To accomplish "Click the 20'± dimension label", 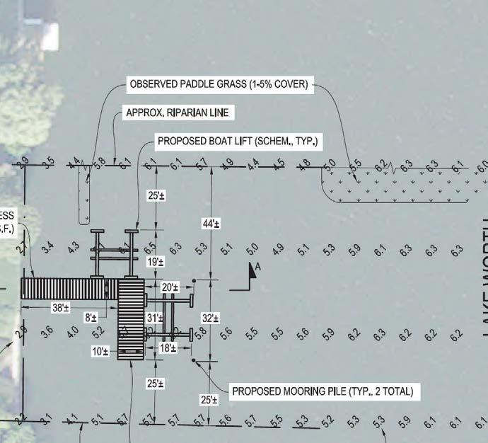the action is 170,287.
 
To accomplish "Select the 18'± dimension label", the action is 167,348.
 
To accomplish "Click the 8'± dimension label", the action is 91,318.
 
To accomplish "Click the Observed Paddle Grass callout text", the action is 218,85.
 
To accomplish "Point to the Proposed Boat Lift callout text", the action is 238,142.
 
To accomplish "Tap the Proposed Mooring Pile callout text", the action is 323,391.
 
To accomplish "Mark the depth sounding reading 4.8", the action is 305,164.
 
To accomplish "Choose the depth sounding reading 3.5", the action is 48,164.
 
